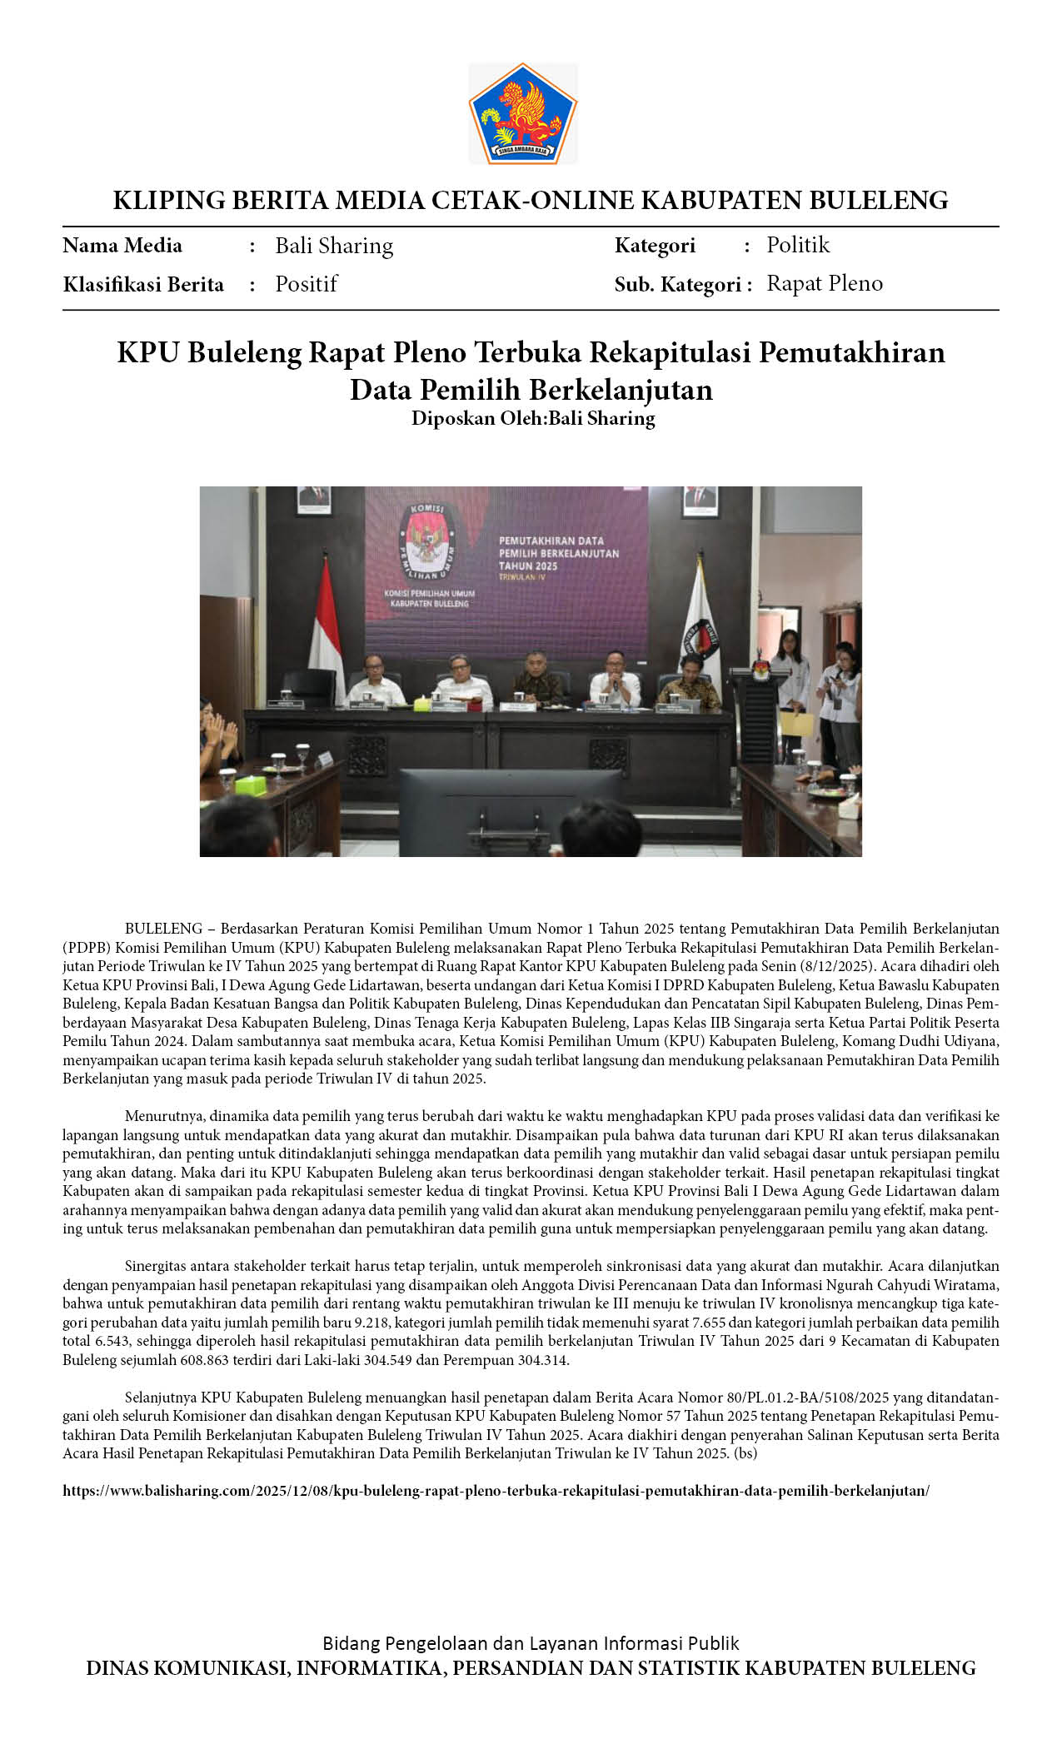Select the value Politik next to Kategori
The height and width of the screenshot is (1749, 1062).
(798, 245)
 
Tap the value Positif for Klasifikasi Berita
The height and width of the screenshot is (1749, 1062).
(306, 284)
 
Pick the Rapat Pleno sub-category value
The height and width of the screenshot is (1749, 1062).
(824, 284)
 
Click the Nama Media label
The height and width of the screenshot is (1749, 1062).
(122, 246)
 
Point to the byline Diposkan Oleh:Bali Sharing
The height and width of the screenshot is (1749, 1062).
(532, 418)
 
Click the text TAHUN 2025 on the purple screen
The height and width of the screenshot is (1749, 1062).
(528, 566)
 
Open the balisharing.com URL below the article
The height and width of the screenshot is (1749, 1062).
(496, 1490)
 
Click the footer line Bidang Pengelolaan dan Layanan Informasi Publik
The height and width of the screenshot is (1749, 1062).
(531, 1642)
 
